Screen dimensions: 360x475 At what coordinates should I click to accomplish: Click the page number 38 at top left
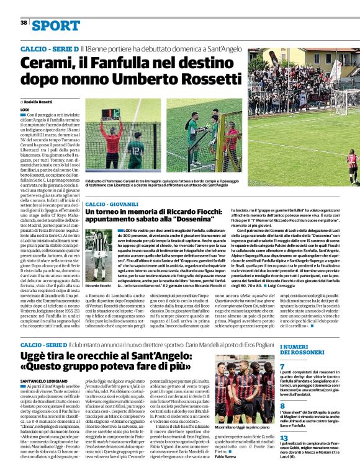(x=24, y=23)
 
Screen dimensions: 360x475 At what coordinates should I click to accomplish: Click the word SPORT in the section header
(x=56, y=25)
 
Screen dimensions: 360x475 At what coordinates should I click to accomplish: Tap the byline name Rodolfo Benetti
(x=38, y=101)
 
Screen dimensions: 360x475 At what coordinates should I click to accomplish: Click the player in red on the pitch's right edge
(x=352, y=165)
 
